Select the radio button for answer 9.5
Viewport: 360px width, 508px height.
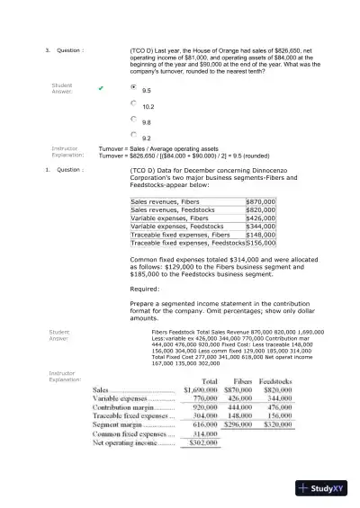(x=134, y=88)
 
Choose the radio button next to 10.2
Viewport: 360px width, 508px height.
(x=134, y=103)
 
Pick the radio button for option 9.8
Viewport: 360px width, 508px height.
(x=134, y=119)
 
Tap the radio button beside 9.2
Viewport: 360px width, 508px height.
(x=134, y=134)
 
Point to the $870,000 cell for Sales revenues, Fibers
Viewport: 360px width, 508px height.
(x=260, y=202)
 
